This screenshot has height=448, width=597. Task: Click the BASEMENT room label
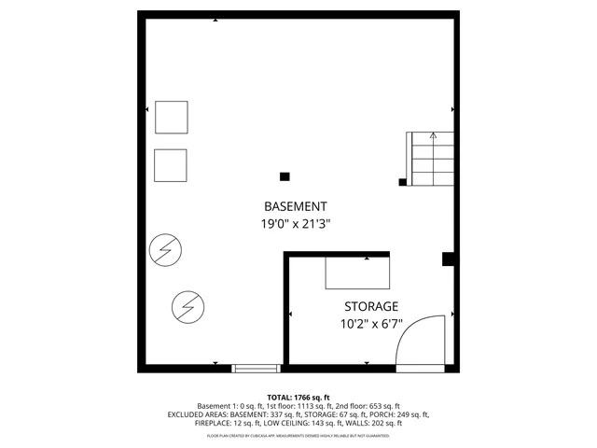pyautogui.click(x=296, y=206)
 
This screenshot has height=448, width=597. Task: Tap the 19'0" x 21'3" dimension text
pyautogui.click(x=296, y=224)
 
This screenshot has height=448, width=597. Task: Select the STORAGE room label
pyautogui.click(x=371, y=306)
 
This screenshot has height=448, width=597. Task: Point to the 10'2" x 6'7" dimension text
pyautogui.click(x=371, y=325)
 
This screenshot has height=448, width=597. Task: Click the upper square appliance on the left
pyautogui.click(x=171, y=117)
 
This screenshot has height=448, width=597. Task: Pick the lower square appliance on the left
pyautogui.click(x=171, y=165)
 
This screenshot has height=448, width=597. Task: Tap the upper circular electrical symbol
pyautogui.click(x=166, y=249)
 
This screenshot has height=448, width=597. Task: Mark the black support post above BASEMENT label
pyautogui.click(x=285, y=175)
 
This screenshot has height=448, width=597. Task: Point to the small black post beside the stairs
pyautogui.click(x=402, y=182)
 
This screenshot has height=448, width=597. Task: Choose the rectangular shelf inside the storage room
pyautogui.click(x=357, y=273)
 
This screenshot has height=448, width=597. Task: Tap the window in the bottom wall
pyautogui.click(x=256, y=368)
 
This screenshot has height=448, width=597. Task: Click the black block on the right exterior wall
pyautogui.click(x=449, y=259)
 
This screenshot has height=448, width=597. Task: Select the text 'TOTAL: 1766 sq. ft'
pyautogui.click(x=298, y=398)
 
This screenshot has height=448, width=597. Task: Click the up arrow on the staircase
pyautogui.click(x=433, y=136)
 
